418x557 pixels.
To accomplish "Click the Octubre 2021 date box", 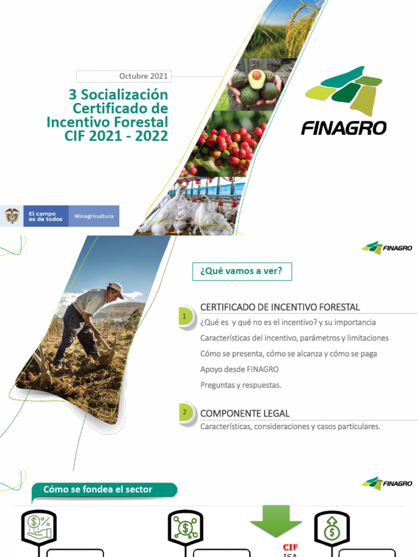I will click(x=124, y=76).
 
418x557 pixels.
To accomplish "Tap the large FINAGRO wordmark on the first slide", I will click(x=344, y=128).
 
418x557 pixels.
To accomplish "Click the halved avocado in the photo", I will click(x=256, y=79).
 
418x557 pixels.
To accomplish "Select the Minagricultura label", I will click(x=94, y=216).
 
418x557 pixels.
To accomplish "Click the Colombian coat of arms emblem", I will click(x=11, y=216).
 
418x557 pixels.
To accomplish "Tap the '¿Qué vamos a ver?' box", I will click(x=242, y=270).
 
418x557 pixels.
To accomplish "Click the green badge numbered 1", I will click(x=185, y=317).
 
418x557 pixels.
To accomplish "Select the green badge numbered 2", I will click(x=185, y=413).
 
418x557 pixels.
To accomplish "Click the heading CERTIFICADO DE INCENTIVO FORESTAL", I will click(x=280, y=307).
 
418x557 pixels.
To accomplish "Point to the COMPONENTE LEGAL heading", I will click(x=245, y=413).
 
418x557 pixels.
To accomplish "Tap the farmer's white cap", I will click(x=115, y=288).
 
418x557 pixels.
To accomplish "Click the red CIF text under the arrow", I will click(x=290, y=547).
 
